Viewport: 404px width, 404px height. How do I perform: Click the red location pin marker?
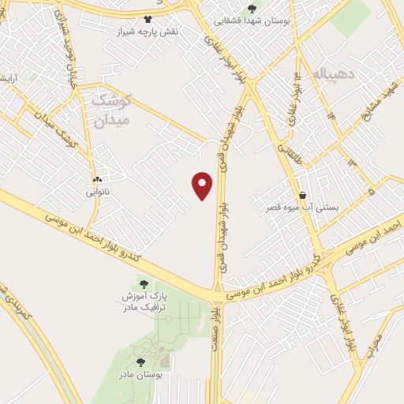204,184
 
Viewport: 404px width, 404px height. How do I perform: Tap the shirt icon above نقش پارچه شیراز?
147,19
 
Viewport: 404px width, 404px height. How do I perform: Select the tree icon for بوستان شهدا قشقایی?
252,9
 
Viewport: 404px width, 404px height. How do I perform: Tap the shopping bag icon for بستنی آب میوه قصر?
302,196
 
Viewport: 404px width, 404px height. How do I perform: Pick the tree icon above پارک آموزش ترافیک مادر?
143,284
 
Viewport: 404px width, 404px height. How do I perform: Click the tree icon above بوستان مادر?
141,362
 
